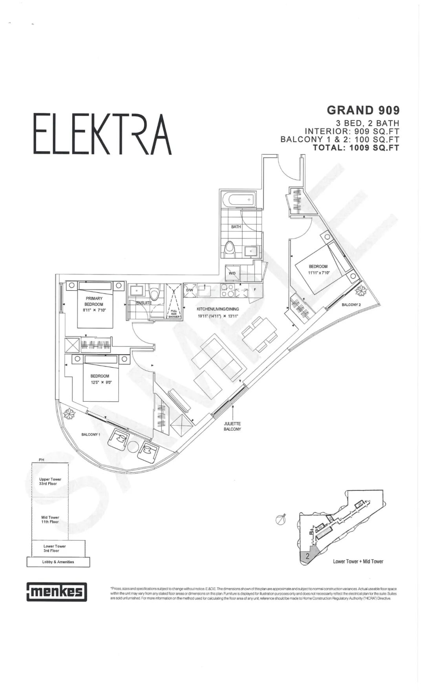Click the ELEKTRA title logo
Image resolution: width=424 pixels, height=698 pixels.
point(102,134)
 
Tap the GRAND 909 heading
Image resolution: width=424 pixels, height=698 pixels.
point(363,111)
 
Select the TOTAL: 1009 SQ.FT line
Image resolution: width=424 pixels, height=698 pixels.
point(356,148)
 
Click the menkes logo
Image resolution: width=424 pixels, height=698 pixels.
point(57,592)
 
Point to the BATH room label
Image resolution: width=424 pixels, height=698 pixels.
point(236,227)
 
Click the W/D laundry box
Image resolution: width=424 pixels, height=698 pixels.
point(232,273)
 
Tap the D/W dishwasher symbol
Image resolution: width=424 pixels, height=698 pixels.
point(190,290)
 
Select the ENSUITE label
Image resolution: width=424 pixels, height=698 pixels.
point(144,303)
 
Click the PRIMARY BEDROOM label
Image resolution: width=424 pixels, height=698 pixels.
point(94,301)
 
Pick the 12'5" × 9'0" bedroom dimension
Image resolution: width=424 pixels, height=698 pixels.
point(101,382)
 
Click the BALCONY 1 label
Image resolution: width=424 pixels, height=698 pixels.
point(91,434)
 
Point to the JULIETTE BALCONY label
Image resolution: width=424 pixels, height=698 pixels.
point(232,426)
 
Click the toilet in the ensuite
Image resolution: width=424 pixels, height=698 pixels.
point(155,292)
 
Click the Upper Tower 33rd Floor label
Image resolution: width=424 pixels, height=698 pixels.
point(50,481)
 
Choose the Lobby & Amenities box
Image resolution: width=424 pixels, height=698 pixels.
point(58,562)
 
